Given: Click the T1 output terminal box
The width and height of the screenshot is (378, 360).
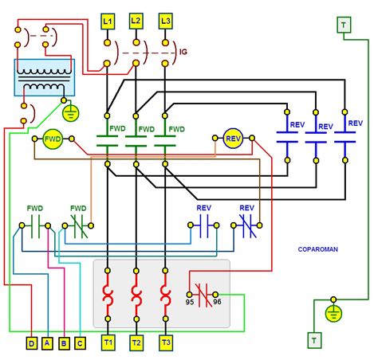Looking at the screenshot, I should point(108,342).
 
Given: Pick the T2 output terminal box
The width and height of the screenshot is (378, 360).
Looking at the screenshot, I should point(136,342).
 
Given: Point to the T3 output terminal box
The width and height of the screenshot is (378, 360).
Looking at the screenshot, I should point(165,342).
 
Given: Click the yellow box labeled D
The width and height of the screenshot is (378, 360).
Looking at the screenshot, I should point(31,342).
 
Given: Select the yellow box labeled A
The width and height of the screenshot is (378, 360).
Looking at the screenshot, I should point(48,342).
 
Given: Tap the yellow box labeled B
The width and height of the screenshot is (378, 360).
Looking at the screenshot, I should point(64,342).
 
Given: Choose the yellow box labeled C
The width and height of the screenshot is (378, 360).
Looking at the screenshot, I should point(80,342).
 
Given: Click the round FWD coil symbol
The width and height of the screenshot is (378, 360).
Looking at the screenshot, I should point(53,139).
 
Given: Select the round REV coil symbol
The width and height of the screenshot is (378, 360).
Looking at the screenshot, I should point(234,139).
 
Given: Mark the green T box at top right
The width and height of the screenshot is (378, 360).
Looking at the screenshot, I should point(344,25).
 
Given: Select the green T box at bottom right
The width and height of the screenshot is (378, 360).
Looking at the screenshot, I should point(313,341).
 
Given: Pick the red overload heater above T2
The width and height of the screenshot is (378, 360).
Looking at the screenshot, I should point(136,297).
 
